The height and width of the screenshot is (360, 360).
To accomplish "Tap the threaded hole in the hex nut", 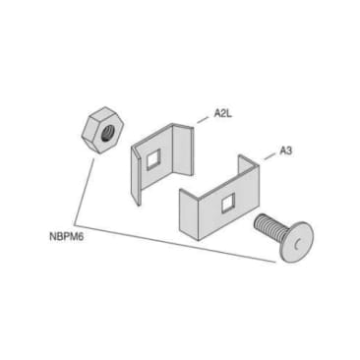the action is click(x=103, y=126).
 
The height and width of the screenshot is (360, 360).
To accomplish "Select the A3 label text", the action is click(x=286, y=150).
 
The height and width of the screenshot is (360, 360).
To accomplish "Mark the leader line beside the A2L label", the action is click(x=201, y=118).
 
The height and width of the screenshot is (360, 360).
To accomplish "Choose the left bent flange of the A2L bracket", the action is click(x=137, y=173).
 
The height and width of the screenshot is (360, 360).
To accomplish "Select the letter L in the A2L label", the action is click(x=230, y=114).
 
